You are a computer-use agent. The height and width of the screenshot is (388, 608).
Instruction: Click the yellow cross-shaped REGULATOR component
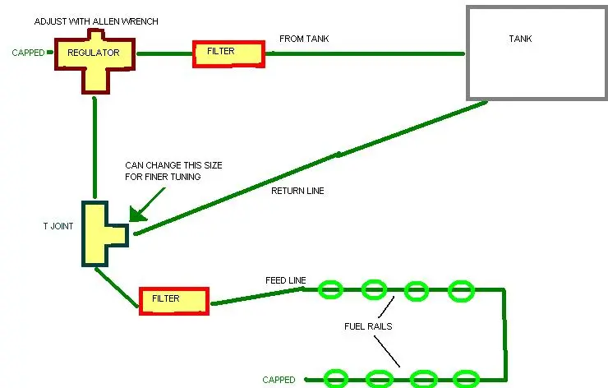click(95, 62)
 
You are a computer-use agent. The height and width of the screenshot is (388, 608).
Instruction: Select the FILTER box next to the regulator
click(228, 54)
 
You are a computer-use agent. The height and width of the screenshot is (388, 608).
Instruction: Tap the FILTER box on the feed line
click(174, 301)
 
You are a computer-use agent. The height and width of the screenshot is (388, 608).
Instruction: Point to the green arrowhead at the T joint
click(136, 214)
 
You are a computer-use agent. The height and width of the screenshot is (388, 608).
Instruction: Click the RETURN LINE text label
click(297, 191)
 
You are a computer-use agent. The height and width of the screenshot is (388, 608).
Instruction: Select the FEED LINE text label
click(286, 280)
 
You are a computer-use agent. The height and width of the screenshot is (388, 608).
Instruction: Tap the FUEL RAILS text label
click(368, 326)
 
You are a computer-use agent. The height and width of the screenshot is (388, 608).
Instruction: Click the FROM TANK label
click(304, 39)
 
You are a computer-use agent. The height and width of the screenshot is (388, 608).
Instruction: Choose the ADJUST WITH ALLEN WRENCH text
click(96, 21)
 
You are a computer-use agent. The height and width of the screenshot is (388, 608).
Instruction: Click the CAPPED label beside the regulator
click(28, 53)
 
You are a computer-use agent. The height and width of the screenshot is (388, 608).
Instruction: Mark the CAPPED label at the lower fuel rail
click(279, 380)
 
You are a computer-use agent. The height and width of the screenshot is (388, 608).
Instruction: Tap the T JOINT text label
click(58, 226)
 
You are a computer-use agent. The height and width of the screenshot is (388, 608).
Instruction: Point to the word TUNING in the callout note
click(184, 177)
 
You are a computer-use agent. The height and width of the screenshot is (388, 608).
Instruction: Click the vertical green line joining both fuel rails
click(504, 334)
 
